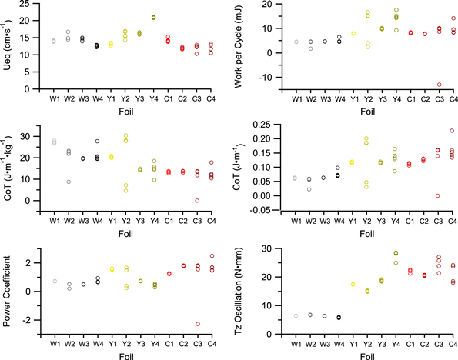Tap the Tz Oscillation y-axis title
[246, 287]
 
